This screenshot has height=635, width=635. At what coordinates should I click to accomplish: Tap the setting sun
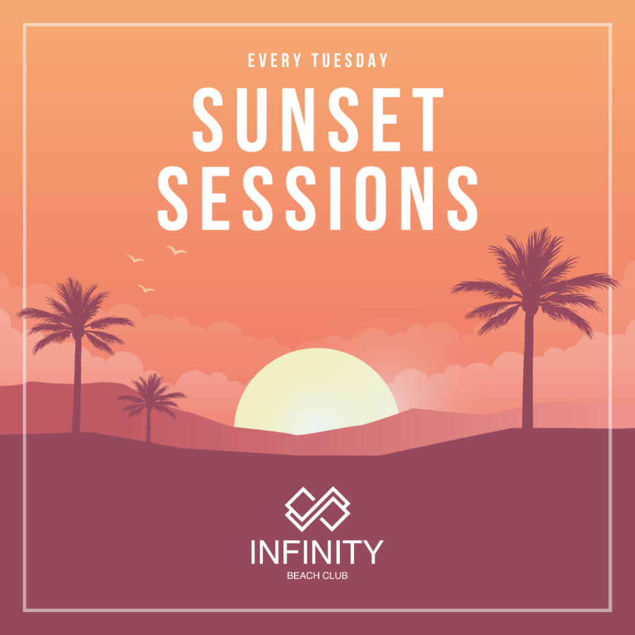coord(316,391)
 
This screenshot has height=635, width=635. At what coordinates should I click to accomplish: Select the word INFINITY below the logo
coord(317,552)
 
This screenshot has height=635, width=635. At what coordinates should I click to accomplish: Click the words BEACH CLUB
coord(317,576)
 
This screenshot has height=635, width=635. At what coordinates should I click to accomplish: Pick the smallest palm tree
coord(149,397)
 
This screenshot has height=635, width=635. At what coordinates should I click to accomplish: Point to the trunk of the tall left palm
coord(76,391)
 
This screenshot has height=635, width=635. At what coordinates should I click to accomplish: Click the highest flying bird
coord(177,250)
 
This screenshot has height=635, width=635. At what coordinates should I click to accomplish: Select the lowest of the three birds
coord(146,288)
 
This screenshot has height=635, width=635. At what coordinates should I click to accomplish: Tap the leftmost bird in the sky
coord(135,259)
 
